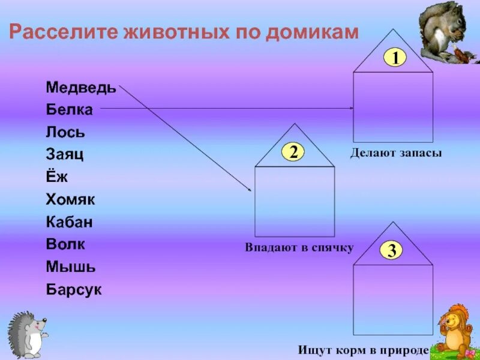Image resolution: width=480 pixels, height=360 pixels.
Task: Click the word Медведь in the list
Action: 81,88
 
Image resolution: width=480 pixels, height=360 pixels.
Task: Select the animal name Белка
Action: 70,110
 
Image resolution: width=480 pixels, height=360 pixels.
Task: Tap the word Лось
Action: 65,132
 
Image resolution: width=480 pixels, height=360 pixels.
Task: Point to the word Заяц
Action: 65,154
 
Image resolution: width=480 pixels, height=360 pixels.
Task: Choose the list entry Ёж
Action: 57,176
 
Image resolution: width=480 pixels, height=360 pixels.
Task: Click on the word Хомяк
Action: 70,199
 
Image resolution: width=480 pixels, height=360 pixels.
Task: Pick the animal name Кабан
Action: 70,222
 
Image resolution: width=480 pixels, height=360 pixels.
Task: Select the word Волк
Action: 65,244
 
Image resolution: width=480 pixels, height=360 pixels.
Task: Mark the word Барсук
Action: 74,290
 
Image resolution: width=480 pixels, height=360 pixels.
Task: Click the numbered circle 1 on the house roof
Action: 395,58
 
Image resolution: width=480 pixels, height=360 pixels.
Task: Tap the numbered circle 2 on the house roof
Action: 293,152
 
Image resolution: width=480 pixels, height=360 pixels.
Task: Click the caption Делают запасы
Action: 396,154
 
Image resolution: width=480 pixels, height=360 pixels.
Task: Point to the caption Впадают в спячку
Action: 299,247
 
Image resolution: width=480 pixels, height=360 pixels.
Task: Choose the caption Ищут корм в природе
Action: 362,349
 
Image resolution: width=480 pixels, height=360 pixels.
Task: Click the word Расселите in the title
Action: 62,32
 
